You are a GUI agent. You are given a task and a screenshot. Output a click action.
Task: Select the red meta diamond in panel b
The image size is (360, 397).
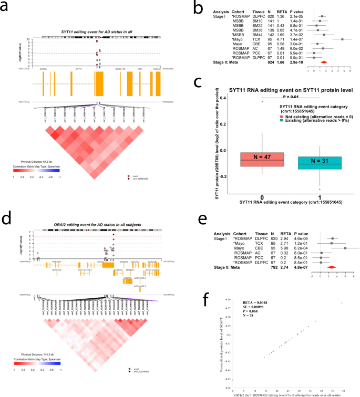[x=323, y=62]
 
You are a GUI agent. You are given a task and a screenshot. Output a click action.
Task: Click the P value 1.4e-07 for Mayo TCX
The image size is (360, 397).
[x=280, y=39]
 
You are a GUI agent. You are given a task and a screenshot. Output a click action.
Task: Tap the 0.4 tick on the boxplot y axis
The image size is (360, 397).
[x=223, y=98]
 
